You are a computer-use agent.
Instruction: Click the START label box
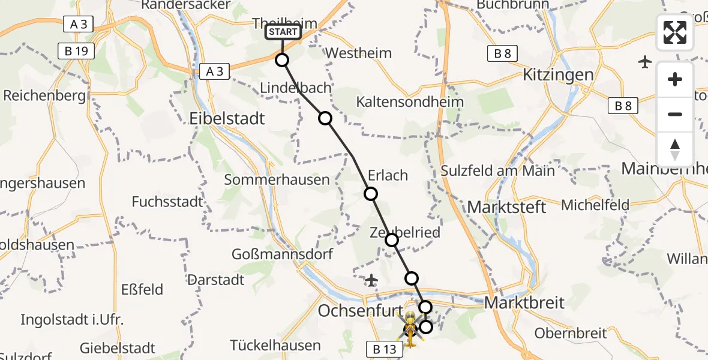click(283, 32)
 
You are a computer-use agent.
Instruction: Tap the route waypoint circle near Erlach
click(371, 194)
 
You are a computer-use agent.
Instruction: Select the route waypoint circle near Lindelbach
click(325, 118)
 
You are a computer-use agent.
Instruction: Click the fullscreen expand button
click(675, 32)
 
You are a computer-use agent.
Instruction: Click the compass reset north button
click(675, 149)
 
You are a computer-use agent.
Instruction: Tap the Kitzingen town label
click(558, 75)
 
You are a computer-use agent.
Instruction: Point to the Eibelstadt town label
click(227, 118)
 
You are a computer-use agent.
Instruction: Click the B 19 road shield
click(77, 51)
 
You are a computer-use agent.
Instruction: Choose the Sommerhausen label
click(277, 179)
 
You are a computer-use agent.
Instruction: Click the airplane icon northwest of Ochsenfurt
click(371, 280)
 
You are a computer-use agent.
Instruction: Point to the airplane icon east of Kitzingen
click(646, 62)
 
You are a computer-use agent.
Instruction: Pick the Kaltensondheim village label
click(410, 101)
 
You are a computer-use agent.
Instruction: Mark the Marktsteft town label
click(507, 208)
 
